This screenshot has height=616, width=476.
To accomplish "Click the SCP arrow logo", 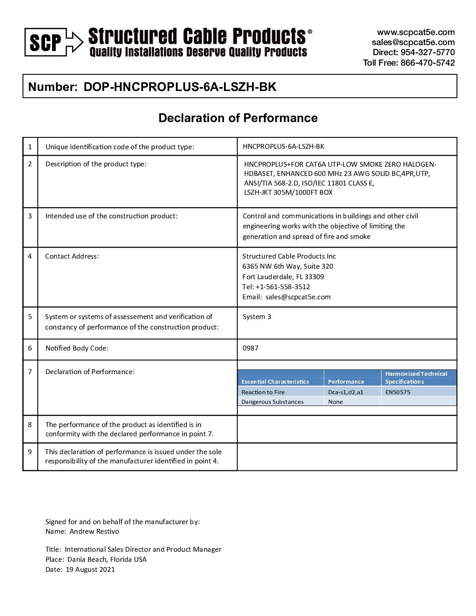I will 53,42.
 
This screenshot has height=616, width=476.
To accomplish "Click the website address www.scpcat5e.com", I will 416,32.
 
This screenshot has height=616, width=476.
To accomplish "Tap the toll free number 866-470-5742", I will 427,63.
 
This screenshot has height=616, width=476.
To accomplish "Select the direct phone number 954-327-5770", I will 427,52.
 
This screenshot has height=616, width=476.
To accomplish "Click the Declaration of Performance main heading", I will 238,118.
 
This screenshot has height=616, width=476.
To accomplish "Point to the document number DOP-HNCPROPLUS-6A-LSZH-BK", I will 180,87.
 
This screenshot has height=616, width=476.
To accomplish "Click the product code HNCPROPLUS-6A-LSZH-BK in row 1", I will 283,147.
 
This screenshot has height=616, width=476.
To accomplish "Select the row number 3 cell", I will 30,216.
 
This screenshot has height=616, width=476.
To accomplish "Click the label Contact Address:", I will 72,256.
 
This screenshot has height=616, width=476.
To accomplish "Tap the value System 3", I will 257,317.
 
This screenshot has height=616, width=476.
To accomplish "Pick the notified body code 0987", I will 251,348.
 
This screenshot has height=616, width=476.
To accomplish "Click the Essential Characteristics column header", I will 275,382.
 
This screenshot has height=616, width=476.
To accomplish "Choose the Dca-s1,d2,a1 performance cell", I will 346,392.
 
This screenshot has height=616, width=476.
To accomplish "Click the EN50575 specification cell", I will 398,392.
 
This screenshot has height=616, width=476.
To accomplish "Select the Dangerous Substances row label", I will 272,402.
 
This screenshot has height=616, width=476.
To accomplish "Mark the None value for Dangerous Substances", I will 336,402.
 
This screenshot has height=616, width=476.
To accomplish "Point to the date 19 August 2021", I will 90,570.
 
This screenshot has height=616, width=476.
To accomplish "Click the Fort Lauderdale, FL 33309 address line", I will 283,277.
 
